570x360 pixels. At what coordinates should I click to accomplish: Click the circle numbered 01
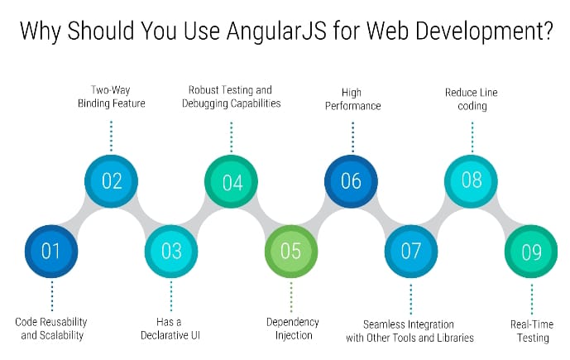click(x=51, y=250)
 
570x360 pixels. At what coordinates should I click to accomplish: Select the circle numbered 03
click(x=171, y=250)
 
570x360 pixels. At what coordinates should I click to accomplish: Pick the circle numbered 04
click(x=232, y=180)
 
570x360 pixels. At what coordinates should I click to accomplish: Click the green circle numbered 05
click(x=291, y=250)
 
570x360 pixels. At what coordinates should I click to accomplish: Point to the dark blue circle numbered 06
click(x=351, y=180)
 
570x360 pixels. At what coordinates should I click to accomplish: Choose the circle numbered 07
click(x=411, y=250)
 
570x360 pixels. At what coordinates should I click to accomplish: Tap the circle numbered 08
click(x=472, y=180)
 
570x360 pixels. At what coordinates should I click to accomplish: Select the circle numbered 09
click(x=531, y=250)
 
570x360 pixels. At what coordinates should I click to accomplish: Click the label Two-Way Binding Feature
click(x=111, y=96)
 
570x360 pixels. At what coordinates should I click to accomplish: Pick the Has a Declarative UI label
click(x=171, y=329)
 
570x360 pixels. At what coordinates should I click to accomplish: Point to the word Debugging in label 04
click(x=208, y=103)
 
